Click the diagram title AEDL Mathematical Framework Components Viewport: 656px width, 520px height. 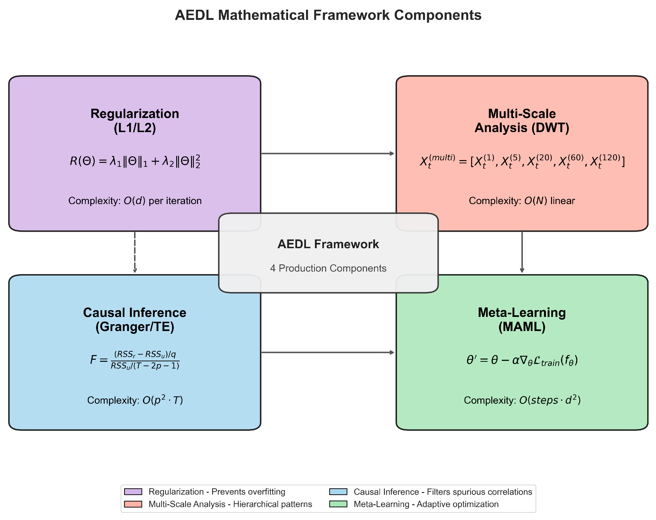click(328, 15)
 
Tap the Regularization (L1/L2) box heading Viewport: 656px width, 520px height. click(135, 121)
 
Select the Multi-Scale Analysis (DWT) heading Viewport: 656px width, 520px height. click(522, 121)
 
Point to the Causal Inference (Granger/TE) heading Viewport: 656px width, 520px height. click(135, 319)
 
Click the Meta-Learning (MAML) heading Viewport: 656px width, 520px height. click(522, 319)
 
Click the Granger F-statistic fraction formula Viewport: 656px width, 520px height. click(135, 360)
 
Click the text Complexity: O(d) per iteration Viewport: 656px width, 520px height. click(135, 201)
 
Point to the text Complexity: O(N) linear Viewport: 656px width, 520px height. click(522, 201)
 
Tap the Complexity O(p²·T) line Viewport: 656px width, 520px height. click(135, 400)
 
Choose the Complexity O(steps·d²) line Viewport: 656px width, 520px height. click(522, 400)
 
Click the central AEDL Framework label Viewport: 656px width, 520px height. click(328, 244)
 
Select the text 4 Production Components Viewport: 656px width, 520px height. click(328, 268)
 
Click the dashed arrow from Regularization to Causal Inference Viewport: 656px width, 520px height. click(135, 252)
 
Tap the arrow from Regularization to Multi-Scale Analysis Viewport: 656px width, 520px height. click(328, 153)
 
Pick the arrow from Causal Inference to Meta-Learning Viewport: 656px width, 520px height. click(328, 352)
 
